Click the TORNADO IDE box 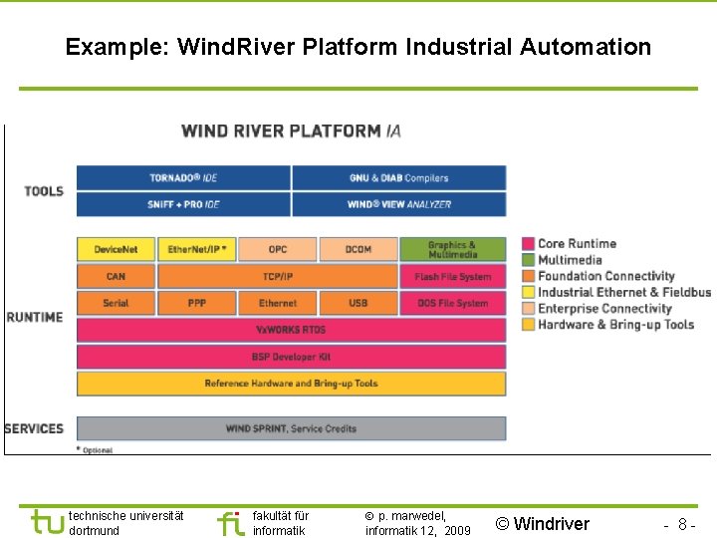tap(183, 178)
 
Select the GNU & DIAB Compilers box tap(398, 178)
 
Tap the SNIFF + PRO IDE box tap(183, 204)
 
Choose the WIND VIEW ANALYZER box tap(398, 204)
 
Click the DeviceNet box tap(116, 249)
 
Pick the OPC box tap(278, 249)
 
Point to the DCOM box tap(358, 249)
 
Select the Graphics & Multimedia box tap(452, 249)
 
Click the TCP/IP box tap(278, 276)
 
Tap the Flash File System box tap(452, 276)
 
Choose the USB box tap(358, 303)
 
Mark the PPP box tap(197, 303)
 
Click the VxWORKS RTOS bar tap(291, 330)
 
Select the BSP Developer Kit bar tap(291, 357)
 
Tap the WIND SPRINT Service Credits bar tap(291, 428)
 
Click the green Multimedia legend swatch tap(529, 260)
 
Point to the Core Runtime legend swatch tap(529, 244)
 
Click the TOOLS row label tap(44, 191)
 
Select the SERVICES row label tap(35, 428)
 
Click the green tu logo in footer tap(47, 522)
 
